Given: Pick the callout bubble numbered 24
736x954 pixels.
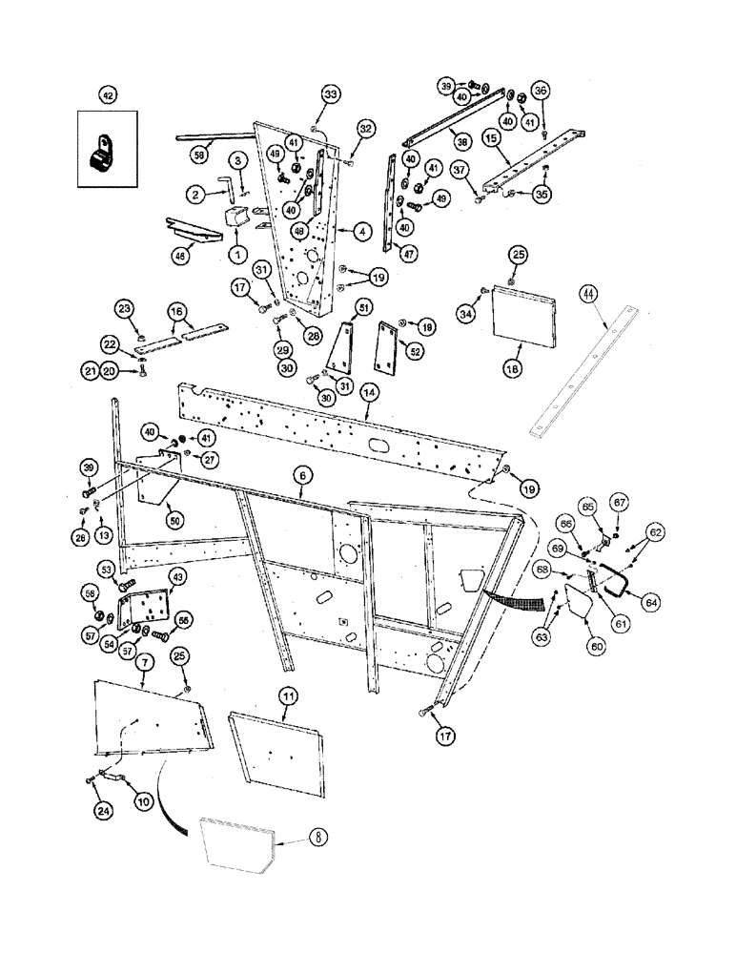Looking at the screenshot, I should (x=102, y=811).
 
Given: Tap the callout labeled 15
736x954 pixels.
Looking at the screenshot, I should (x=492, y=137).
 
